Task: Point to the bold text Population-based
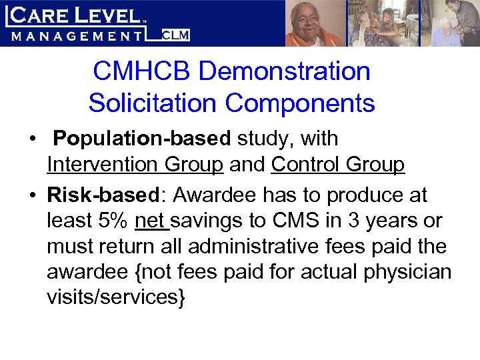[142, 139]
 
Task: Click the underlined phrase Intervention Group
[135, 164]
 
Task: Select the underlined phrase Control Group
[338, 164]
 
